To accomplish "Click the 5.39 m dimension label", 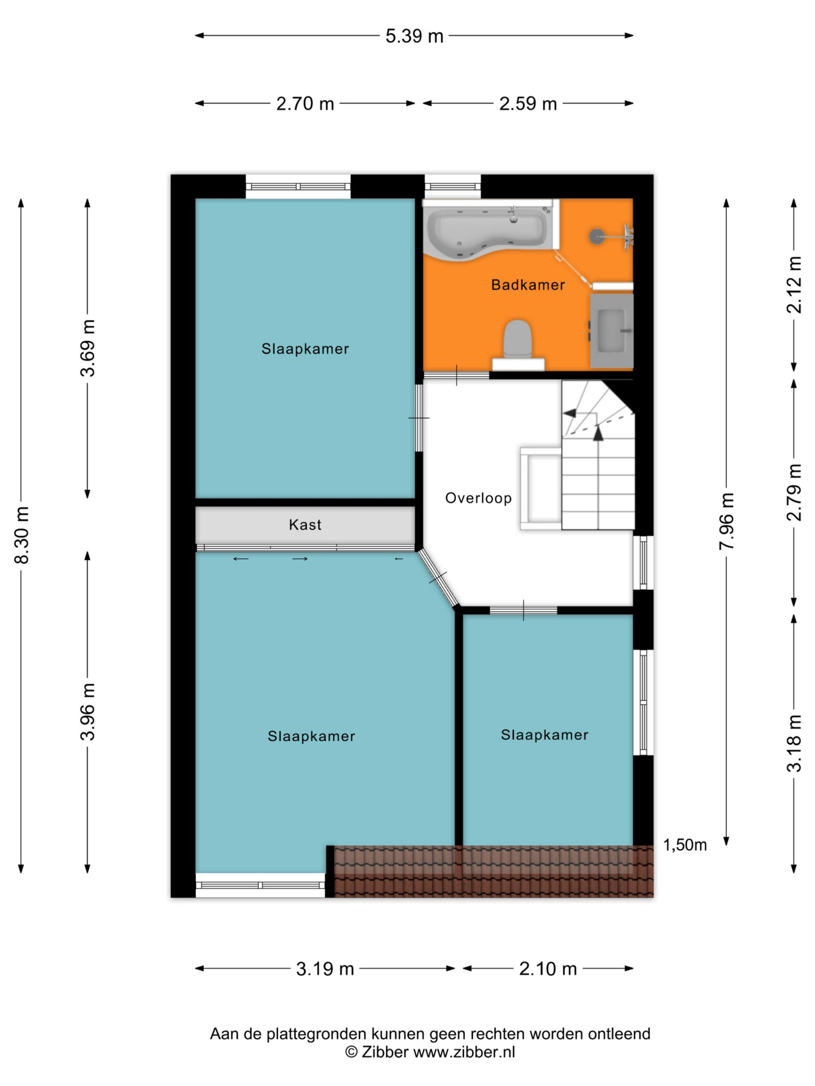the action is pos(414,36).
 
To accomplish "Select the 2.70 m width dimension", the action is pos(305,103).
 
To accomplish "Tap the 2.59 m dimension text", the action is pos(528,103).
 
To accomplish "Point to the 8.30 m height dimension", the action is pos(22,535).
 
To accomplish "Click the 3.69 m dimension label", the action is pos(88,348).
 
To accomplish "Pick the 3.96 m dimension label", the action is pos(88,711).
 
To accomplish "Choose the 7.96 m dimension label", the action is pos(727,521).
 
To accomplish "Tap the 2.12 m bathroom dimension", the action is pos(794,285).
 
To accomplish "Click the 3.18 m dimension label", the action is pos(794,743).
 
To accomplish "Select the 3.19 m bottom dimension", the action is pos(325,969).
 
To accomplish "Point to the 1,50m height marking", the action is pos(685,845).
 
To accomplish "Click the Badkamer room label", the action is pos(528,285).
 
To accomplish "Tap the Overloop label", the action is pos(478,498).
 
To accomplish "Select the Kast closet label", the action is pos(305,525).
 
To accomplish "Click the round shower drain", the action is pos(597,237).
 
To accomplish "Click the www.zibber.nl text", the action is pos(464,1052).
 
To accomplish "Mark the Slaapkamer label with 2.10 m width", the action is pos(544,735).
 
